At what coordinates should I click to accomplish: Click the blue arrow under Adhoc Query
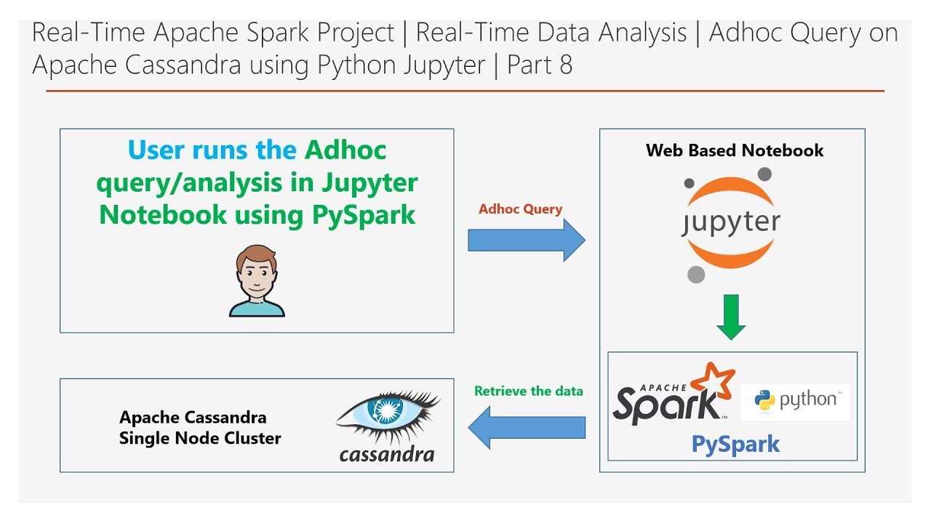click(x=527, y=240)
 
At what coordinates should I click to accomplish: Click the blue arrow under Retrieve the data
click(x=527, y=428)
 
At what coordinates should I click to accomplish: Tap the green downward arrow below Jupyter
click(x=731, y=317)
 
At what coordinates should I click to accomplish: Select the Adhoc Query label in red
click(x=520, y=208)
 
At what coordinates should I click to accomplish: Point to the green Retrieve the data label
click(x=529, y=391)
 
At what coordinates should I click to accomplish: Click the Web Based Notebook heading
click(x=735, y=150)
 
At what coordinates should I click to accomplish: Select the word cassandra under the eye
click(x=387, y=455)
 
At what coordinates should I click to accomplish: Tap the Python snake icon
click(x=764, y=400)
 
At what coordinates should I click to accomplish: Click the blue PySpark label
click(x=735, y=444)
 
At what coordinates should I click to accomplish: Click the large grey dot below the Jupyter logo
click(x=696, y=275)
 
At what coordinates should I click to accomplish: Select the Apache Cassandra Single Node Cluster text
click(x=200, y=428)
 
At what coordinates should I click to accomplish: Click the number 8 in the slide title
click(x=566, y=65)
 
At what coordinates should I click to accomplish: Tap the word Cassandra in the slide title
click(x=183, y=65)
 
